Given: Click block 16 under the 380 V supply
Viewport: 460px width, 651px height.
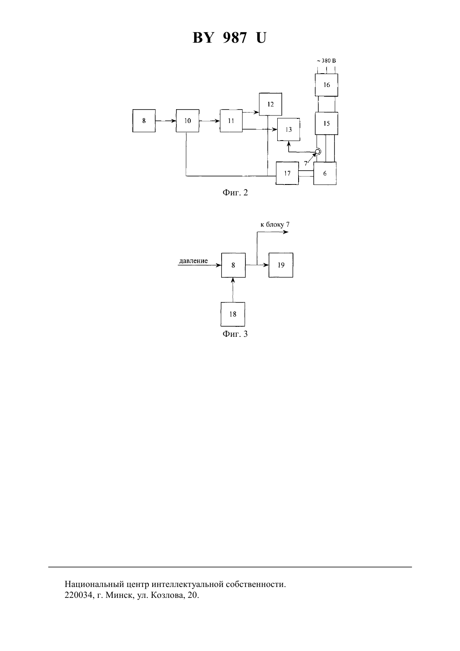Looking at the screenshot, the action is pyautogui.click(x=327, y=85).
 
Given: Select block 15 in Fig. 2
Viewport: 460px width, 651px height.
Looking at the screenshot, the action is pyautogui.click(x=327, y=123).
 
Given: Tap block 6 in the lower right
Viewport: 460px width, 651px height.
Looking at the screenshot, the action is pyautogui.click(x=325, y=174).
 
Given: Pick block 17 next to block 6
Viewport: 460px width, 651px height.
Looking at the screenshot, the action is pyautogui.click(x=287, y=173).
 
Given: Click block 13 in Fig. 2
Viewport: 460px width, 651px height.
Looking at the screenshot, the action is pyautogui.click(x=289, y=130).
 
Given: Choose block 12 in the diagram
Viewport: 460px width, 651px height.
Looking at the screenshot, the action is pyautogui.click(x=271, y=104).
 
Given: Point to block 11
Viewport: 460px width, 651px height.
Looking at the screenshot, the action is pyautogui.click(x=231, y=121).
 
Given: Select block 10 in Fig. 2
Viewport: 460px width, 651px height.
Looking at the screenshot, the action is pyautogui.click(x=188, y=121).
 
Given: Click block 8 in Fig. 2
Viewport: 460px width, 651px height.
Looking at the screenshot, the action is pyautogui.click(x=144, y=121).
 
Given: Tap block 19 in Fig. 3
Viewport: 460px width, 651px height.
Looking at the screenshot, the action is pyautogui.click(x=281, y=265).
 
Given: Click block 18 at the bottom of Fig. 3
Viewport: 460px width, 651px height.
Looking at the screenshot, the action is pyautogui.click(x=233, y=314).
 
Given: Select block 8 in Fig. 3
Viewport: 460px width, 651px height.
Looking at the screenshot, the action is pyautogui.click(x=233, y=265).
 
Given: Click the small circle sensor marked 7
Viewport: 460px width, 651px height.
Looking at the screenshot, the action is pyautogui.click(x=318, y=152).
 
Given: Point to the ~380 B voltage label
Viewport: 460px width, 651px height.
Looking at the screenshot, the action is pyautogui.click(x=327, y=61).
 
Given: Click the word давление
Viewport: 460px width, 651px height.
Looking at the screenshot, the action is pyautogui.click(x=193, y=261).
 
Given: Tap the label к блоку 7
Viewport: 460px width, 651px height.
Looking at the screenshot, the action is pyautogui.click(x=275, y=225).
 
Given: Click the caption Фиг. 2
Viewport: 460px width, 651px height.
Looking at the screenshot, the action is pyautogui.click(x=235, y=192).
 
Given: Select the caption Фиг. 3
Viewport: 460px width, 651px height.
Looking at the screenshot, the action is pyautogui.click(x=235, y=334).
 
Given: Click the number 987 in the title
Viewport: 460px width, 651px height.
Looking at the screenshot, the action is pyautogui.click(x=235, y=38).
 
